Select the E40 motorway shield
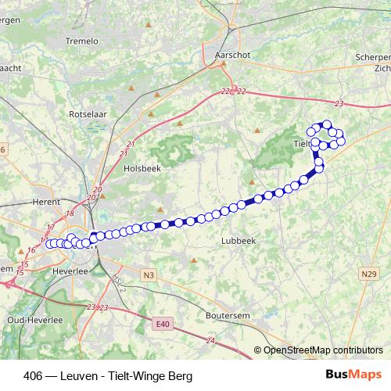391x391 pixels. click(162, 323)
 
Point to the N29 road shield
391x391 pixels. click(369, 273)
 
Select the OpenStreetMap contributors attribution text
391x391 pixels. click(322, 350)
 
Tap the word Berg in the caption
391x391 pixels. click(180, 376)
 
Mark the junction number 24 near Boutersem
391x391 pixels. click(211, 341)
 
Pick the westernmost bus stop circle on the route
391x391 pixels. click(51, 243)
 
